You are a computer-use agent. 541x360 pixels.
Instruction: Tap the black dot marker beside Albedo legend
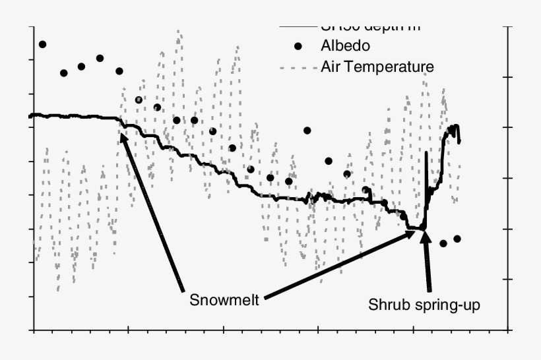(298, 46)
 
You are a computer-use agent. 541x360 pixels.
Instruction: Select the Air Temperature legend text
(377, 67)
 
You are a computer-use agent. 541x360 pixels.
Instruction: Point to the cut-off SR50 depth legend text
(369, 28)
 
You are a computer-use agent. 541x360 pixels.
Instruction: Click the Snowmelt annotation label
(224, 299)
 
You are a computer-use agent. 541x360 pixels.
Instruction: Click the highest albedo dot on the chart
(42, 44)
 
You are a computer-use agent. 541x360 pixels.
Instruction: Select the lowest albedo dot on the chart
(443, 243)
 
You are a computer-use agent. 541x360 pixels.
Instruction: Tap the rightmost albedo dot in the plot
(457, 239)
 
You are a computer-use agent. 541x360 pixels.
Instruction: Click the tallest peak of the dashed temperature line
(178, 31)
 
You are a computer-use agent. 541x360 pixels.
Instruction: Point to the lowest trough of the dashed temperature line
(58, 290)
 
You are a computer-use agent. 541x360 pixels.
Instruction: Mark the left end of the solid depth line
(30, 116)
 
